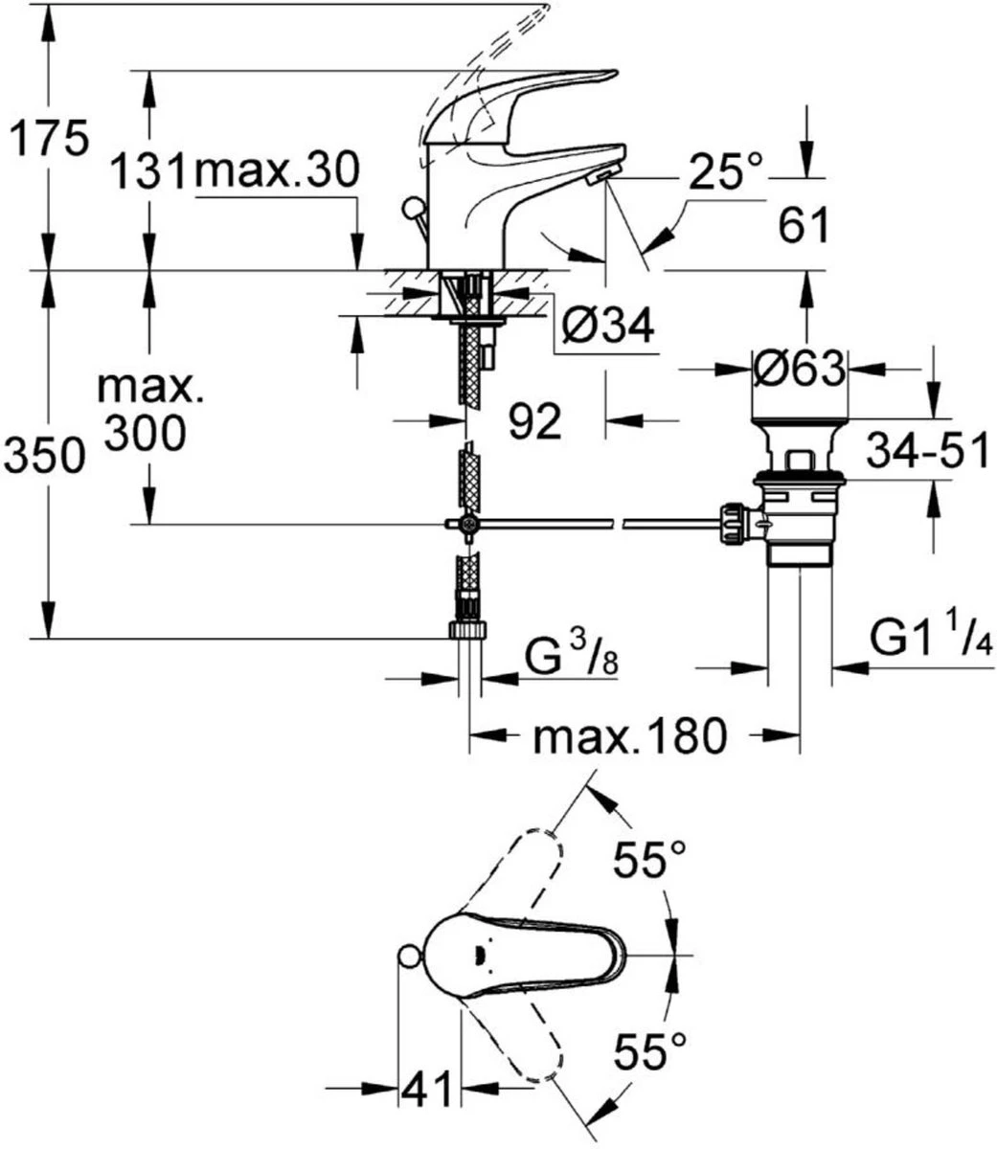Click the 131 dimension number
coord(145,173)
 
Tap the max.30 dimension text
coord(276,173)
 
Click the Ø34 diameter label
coord(608,327)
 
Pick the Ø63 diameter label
coord(800,368)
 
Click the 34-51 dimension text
coord(926,450)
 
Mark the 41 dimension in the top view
coord(429,1090)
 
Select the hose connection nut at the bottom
coord(468,629)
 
